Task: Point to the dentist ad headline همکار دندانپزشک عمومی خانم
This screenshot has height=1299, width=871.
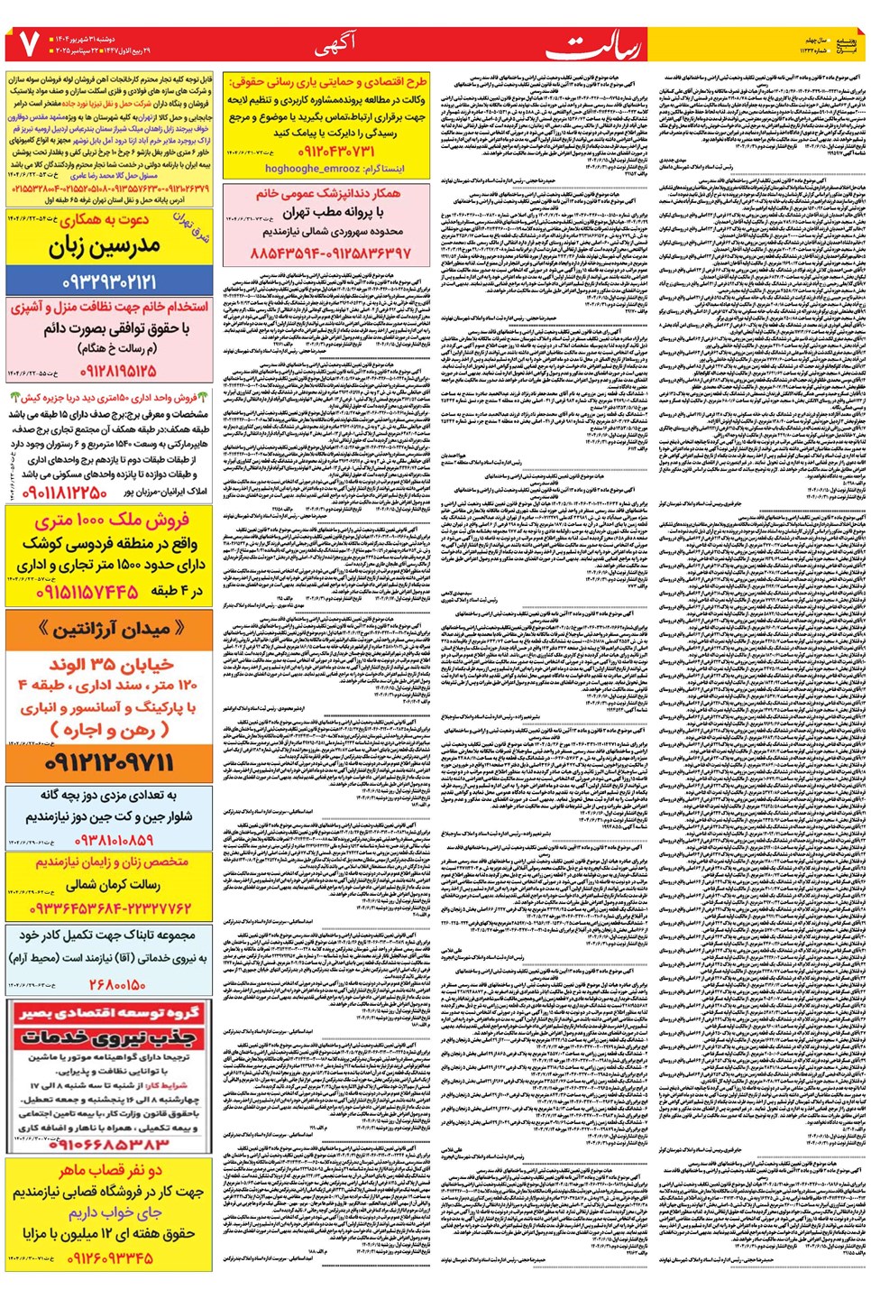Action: click(x=328, y=194)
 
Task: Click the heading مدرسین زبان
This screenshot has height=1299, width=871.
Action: click(x=105, y=245)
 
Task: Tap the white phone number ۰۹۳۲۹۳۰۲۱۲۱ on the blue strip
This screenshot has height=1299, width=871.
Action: click(x=109, y=281)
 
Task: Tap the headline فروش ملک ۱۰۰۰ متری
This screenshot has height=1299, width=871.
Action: click(x=112, y=521)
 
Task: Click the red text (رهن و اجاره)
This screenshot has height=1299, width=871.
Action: click(x=109, y=730)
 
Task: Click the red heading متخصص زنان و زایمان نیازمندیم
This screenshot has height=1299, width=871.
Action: click(x=112, y=862)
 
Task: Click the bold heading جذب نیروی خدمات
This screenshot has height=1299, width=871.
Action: click(x=109, y=1038)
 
